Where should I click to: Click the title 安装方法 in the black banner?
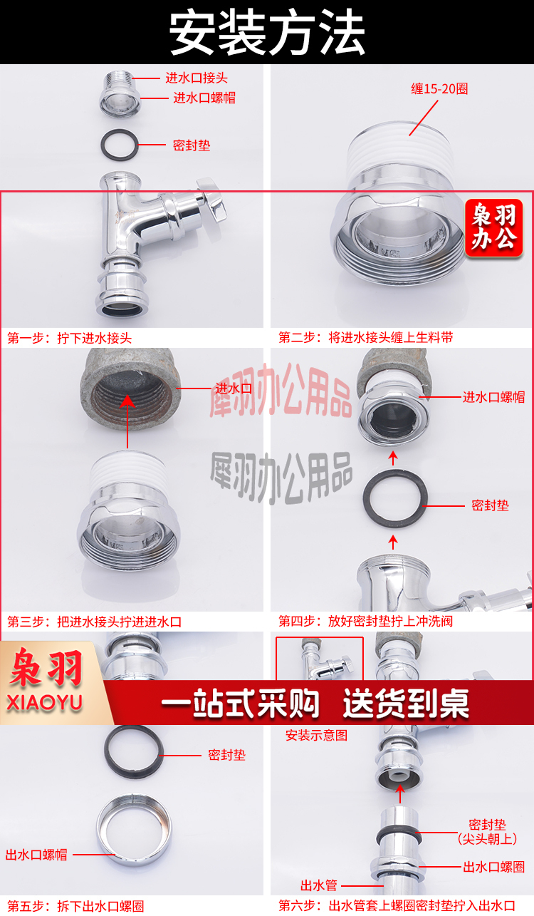[x=267, y=32]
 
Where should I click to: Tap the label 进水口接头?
[x=196, y=78]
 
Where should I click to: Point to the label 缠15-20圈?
[x=439, y=88]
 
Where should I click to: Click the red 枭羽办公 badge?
[x=494, y=227]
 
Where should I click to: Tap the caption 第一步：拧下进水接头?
[x=70, y=338]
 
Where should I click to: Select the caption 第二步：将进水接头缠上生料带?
[x=366, y=337]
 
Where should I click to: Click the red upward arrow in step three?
[x=127, y=421]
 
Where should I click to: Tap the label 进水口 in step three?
[x=234, y=388]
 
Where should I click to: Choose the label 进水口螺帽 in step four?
[x=493, y=397]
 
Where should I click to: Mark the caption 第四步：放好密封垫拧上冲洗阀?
[x=366, y=621]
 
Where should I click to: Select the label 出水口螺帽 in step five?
[x=36, y=855]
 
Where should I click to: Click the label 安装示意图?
[x=317, y=736]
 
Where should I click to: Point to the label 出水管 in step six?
[x=319, y=885]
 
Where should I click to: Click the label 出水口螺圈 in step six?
[x=493, y=867]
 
